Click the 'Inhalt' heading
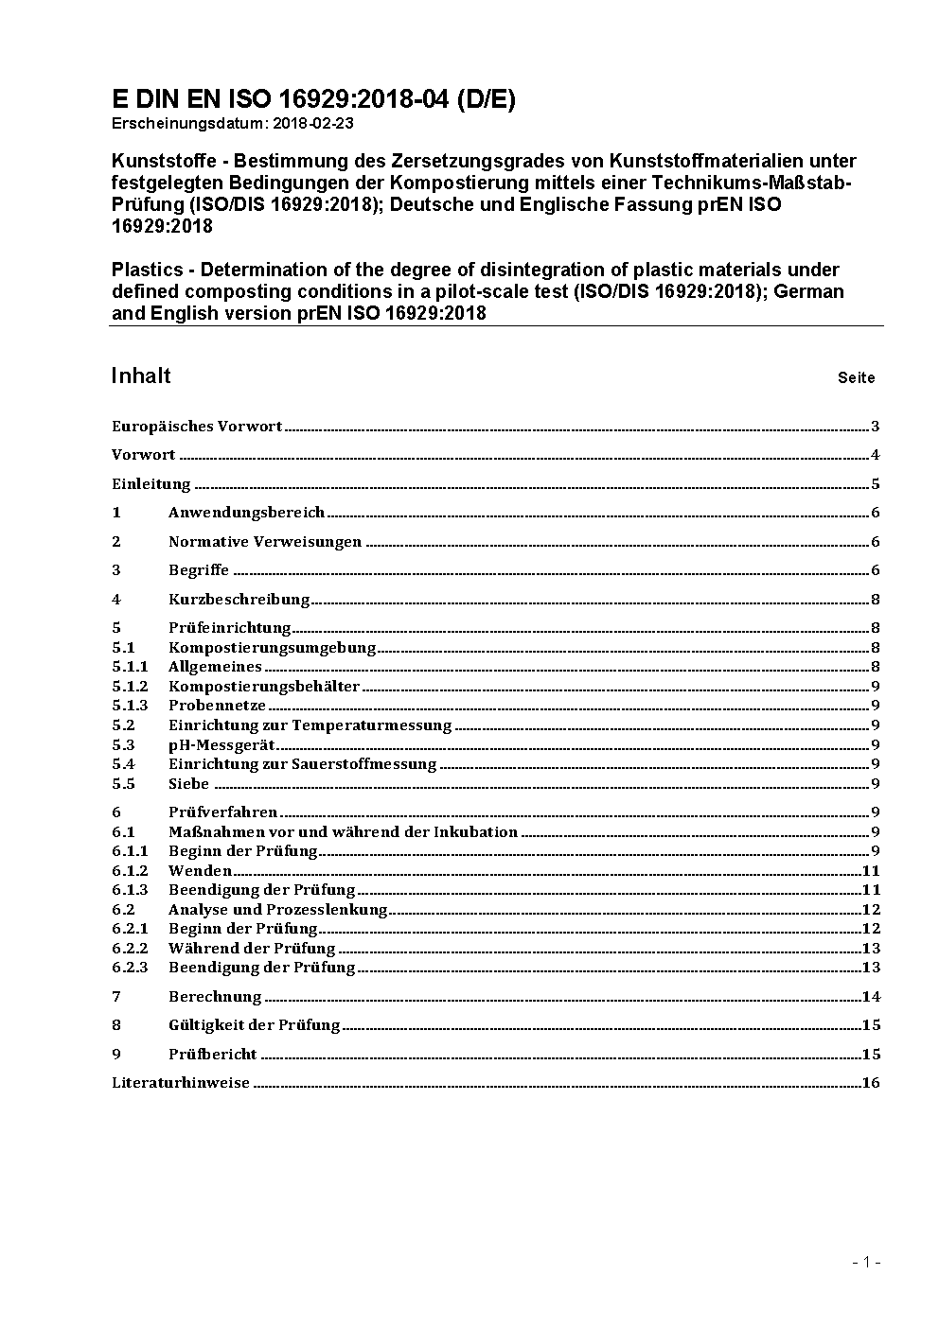pos(141,375)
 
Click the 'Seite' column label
pos(856,378)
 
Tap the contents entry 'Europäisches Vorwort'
pos(197,427)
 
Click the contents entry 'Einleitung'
pos(151,484)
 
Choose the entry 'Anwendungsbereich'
pos(246,513)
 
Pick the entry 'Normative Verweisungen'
pos(265,542)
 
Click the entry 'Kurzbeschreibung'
pos(239,600)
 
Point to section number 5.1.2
pos(130,687)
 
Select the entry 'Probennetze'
pos(217,706)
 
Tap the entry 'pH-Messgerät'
pos(221,745)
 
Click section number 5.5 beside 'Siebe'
pos(123,784)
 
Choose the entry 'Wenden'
pos(200,871)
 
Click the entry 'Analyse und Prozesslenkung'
pos(277,910)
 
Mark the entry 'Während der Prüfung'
pos(252,949)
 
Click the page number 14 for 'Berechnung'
pos(871,997)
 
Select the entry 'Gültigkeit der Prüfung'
pos(254,1025)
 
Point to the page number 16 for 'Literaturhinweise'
pos(871,1083)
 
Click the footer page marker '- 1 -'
pos(866,1262)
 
